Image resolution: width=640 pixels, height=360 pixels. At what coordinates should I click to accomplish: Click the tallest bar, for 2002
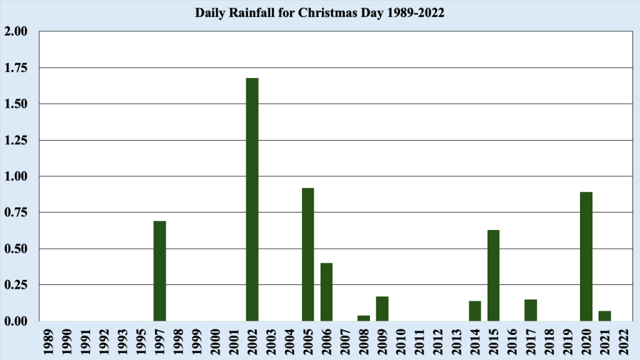(252, 199)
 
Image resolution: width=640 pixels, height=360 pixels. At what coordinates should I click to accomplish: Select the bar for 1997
(159, 271)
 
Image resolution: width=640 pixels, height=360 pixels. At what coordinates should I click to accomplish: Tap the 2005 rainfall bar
(307, 254)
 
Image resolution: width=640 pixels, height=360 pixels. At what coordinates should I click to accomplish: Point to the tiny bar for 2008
(363, 318)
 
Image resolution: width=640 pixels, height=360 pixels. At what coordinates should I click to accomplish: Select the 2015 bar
(493, 275)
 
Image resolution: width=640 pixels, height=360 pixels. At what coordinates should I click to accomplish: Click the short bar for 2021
(604, 316)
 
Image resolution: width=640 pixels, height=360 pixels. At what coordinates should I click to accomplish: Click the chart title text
(320, 13)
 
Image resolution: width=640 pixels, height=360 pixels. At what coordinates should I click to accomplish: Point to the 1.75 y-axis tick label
(17, 67)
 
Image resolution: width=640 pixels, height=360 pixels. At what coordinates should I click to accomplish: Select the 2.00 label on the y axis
(17, 31)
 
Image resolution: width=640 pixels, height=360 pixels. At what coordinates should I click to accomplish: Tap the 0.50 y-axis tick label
(17, 249)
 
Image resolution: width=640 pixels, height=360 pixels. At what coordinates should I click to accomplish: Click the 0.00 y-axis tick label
(17, 321)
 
